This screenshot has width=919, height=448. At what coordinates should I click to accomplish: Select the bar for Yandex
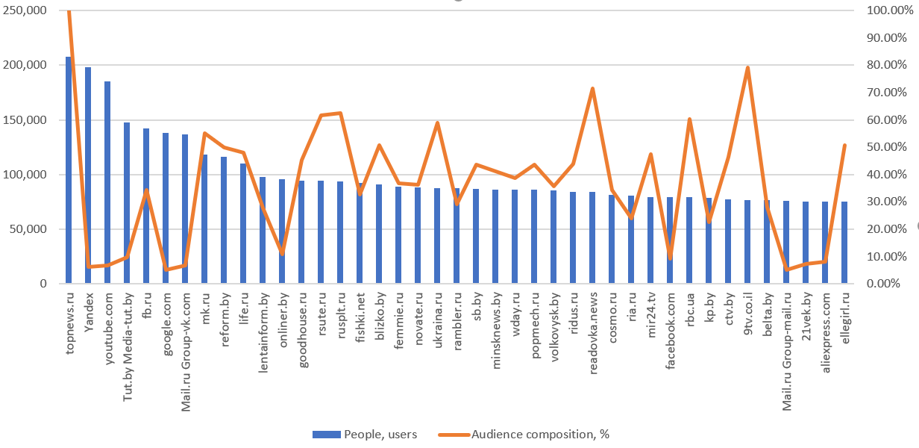tap(88, 175)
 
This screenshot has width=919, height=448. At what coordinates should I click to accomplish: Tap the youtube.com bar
tap(107, 183)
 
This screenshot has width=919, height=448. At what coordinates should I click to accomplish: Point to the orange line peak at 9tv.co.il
tap(747, 68)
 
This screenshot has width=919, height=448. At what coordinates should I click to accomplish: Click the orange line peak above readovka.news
tap(592, 89)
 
